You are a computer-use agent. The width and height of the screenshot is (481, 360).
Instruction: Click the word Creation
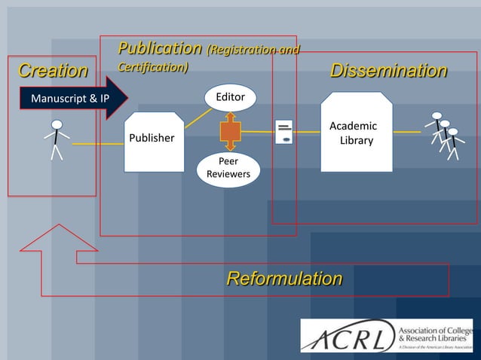[x=52, y=72]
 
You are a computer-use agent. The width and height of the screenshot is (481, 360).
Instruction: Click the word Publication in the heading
[x=159, y=49]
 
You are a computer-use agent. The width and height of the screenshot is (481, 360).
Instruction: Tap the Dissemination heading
[x=388, y=72]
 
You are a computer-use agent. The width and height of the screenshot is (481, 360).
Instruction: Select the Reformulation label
[x=284, y=279]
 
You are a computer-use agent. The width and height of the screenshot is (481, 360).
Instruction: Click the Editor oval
[x=230, y=97]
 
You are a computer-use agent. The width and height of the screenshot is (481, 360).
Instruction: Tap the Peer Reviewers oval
[x=228, y=169]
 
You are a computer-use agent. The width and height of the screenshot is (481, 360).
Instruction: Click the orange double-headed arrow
[x=229, y=132]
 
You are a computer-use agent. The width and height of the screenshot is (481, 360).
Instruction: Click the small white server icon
[x=284, y=132]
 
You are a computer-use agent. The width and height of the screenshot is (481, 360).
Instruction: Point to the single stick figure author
[x=56, y=139]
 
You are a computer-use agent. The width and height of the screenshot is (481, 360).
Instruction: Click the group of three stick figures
[x=444, y=135]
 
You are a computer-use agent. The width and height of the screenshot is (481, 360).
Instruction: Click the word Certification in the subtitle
[x=152, y=68]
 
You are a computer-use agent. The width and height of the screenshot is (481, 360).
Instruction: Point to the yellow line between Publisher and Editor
[x=198, y=117]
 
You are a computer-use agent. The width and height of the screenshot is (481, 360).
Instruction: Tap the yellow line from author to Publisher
[x=98, y=143]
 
